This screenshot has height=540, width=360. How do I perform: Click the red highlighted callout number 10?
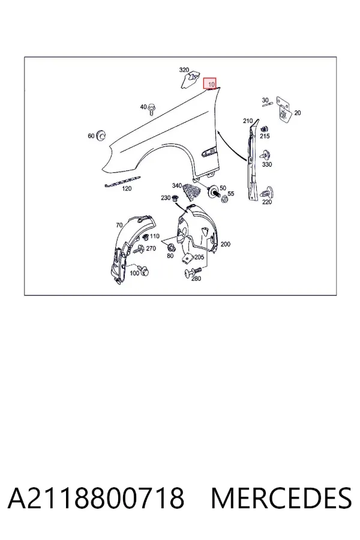pyautogui.click(x=210, y=83)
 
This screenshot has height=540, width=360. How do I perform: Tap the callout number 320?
pyautogui.click(x=184, y=70)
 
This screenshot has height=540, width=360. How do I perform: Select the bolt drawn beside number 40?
pyautogui.click(x=152, y=110)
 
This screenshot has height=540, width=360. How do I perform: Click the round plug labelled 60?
pyautogui.click(x=101, y=135)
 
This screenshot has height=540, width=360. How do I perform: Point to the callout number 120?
pyautogui.click(x=127, y=188)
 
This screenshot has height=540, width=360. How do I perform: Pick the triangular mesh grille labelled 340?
pyautogui.click(x=192, y=191)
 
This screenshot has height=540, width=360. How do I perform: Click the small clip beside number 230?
pyautogui.click(x=175, y=199)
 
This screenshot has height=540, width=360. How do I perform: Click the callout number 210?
pyautogui.click(x=248, y=121)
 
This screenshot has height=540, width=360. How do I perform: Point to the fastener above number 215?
pyautogui.click(x=264, y=130)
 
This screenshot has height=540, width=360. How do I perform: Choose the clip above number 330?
pyautogui.click(x=266, y=155)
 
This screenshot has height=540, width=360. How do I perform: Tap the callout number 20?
pyautogui.click(x=298, y=113)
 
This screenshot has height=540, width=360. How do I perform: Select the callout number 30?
pyautogui.click(x=265, y=100)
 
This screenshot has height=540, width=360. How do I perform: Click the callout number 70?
pyautogui.click(x=119, y=225)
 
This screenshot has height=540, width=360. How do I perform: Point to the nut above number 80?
pyautogui.click(x=170, y=247)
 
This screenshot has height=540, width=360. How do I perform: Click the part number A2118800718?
pyautogui.click(x=96, y=499)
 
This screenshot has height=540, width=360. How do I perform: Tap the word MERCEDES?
pyautogui.click(x=281, y=499)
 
